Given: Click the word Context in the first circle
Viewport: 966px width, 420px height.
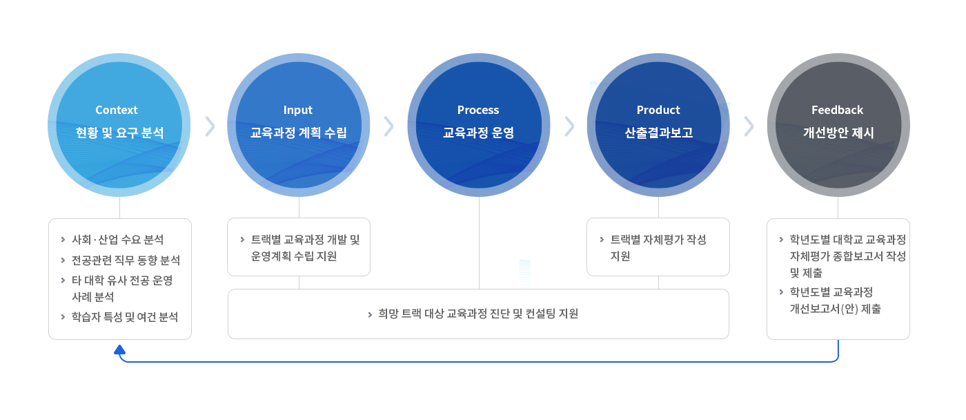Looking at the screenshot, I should pyautogui.click(x=117, y=110).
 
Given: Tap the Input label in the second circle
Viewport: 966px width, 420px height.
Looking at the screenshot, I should pyautogui.click(x=298, y=110).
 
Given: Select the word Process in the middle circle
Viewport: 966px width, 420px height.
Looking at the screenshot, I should pyautogui.click(x=478, y=110).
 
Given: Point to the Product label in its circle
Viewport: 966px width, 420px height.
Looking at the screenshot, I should pyautogui.click(x=658, y=110).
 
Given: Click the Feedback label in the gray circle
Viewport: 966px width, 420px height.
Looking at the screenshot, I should pyautogui.click(x=838, y=110).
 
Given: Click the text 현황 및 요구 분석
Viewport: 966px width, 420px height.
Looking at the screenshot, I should pyautogui.click(x=120, y=133).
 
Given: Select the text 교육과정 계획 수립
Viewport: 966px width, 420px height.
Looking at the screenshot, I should pyautogui.click(x=299, y=133).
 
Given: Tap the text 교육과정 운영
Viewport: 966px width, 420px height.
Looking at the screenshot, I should pyautogui.click(x=478, y=133).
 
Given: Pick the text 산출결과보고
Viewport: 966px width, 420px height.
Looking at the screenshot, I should pyautogui.click(x=658, y=133).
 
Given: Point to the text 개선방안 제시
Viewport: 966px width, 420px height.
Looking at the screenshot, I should pyautogui.click(x=838, y=133).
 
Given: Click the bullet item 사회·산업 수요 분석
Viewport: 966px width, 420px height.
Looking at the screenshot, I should pyautogui.click(x=118, y=240).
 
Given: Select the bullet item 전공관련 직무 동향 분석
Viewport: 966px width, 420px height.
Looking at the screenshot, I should pyautogui.click(x=126, y=260).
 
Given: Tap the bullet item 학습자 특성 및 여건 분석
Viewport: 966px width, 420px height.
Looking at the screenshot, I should pyautogui.click(x=125, y=317).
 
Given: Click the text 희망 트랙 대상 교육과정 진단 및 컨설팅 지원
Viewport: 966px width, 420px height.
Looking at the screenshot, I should pyautogui.click(x=478, y=314).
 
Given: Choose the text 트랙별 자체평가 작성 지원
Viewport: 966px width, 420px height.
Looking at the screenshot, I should pyautogui.click(x=658, y=247).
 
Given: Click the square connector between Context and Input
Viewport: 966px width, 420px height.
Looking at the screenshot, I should pyautogui.click(x=210, y=126).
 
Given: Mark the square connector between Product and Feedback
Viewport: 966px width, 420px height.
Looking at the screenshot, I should pyautogui.click(x=749, y=126).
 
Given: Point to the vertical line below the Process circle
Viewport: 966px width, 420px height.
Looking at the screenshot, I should pyautogui.click(x=479, y=242).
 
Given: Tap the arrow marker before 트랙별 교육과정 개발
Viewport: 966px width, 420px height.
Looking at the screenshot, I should pyautogui.click(x=242, y=240).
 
